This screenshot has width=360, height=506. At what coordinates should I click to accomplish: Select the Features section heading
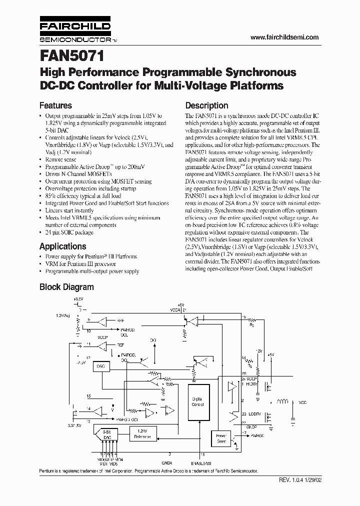[55, 105]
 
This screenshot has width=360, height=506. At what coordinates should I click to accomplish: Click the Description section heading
[206, 105]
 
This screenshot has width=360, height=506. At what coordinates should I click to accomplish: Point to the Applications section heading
[62, 246]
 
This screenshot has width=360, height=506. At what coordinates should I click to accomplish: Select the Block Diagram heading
[66, 287]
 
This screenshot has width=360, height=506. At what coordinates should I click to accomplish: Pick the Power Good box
[221, 438]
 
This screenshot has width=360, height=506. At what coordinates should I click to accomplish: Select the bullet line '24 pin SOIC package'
[69, 232]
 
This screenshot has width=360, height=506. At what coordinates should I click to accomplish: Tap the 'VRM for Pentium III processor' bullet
[80, 263]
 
